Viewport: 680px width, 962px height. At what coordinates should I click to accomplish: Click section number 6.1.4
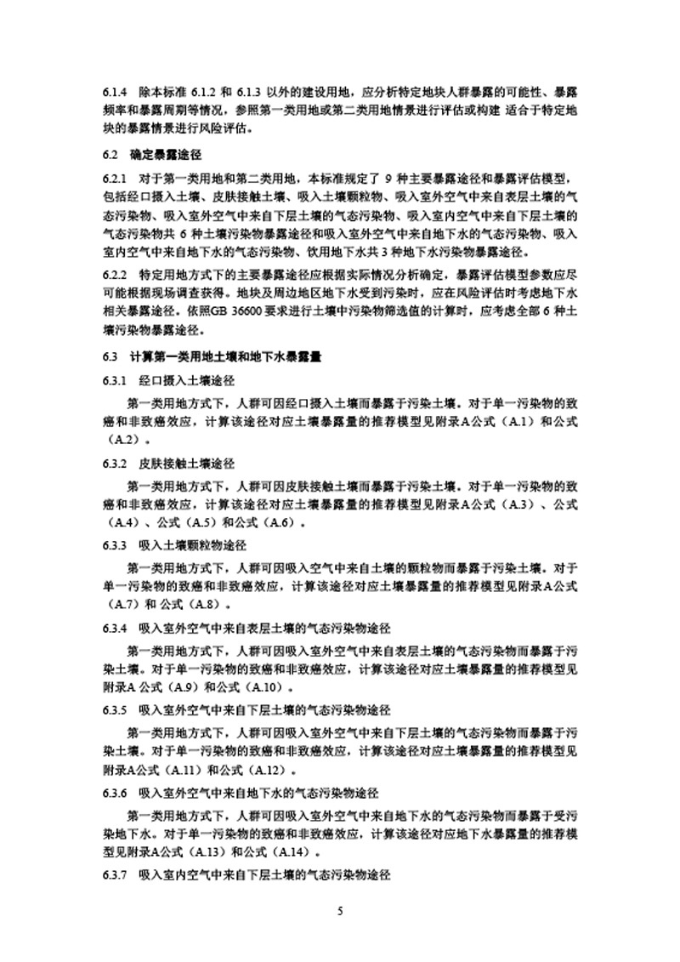[114, 91]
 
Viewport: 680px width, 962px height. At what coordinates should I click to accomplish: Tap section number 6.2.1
[114, 178]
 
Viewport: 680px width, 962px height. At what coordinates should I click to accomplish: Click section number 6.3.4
[114, 628]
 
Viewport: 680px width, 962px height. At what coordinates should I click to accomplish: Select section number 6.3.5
[114, 710]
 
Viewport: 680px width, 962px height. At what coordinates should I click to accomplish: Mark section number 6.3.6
[114, 793]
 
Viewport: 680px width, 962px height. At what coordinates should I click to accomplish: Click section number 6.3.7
[114, 874]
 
